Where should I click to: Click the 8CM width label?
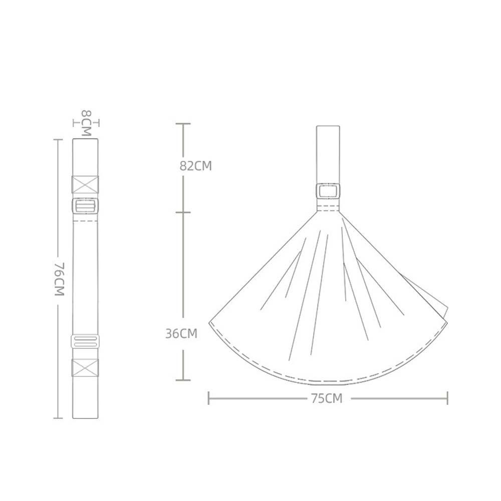tap(86, 123)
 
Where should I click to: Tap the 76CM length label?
tap(60, 279)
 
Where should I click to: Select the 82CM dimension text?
tap(195, 166)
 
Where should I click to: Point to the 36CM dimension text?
tap(181, 334)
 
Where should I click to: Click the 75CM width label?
tap(327, 398)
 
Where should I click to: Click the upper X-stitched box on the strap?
tap(85, 185)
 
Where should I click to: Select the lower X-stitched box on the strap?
tap(85, 367)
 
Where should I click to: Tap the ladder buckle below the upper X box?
tap(85, 205)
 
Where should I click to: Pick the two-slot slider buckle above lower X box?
tap(85, 342)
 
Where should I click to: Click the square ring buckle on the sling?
tap(328, 191)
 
